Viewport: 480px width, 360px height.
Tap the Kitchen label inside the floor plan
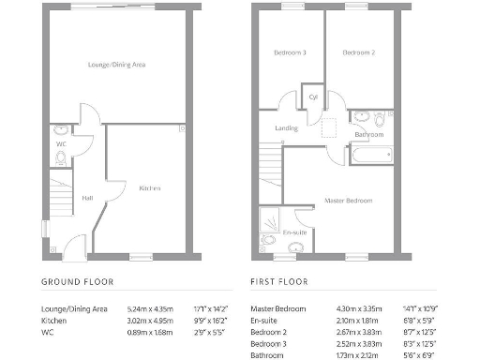pyautogui.click(x=150, y=188)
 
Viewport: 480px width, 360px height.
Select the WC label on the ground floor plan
pyautogui.click(x=60, y=144)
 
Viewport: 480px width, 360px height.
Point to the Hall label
pyautogui.click(x=86, y=198)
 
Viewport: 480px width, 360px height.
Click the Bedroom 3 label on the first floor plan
pyautogui.click(x=290, y=53)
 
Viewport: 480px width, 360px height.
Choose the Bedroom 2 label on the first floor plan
pyautogui.click(x=358, y=53)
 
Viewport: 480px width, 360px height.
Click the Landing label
pyautogui.click(x=286, y=128)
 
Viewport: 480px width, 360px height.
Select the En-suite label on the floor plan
pyautogui.click(x=295, y=232)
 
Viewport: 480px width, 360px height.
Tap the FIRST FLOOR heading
pyautogui.click(x=281, y=281)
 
